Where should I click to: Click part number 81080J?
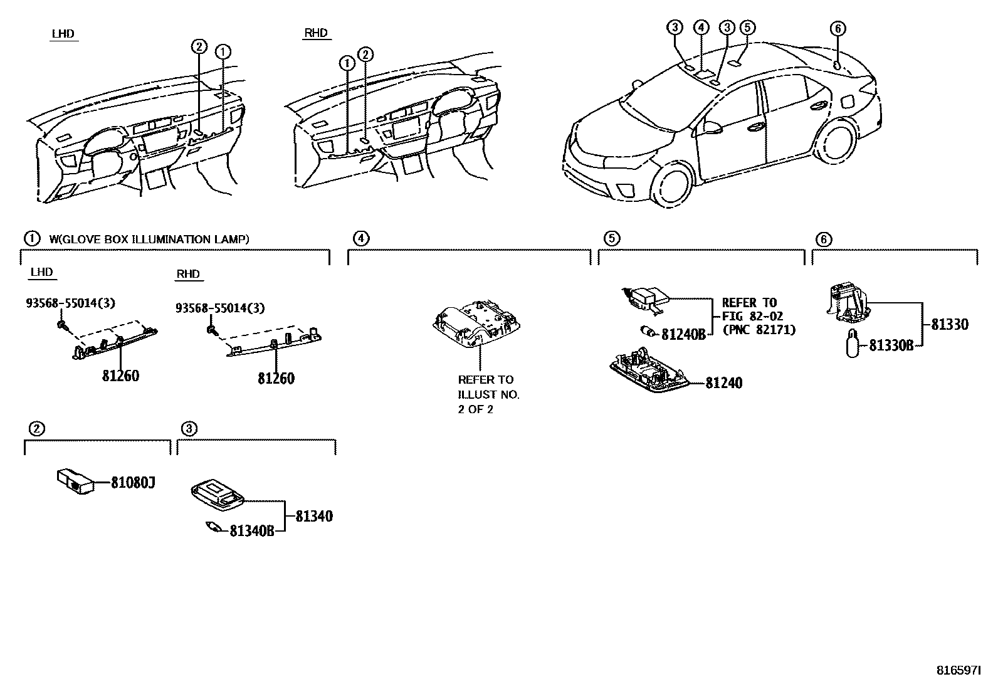[132, 483]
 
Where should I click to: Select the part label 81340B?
[251, 531]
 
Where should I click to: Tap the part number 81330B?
[890, 345]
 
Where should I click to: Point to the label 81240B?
[684, 334]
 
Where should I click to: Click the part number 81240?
[723, 383]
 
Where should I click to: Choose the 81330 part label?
[949, 324]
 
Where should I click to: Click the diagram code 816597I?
[958, 670]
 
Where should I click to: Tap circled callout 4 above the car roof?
[701, 27]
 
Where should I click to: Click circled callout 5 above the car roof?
[747, 27]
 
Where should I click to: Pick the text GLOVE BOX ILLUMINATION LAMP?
[150, 239]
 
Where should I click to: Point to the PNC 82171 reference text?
[759, 330]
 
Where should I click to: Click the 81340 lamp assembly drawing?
[216, 492]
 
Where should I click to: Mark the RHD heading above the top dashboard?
[315, 33]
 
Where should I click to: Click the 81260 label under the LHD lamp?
[120, 376]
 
